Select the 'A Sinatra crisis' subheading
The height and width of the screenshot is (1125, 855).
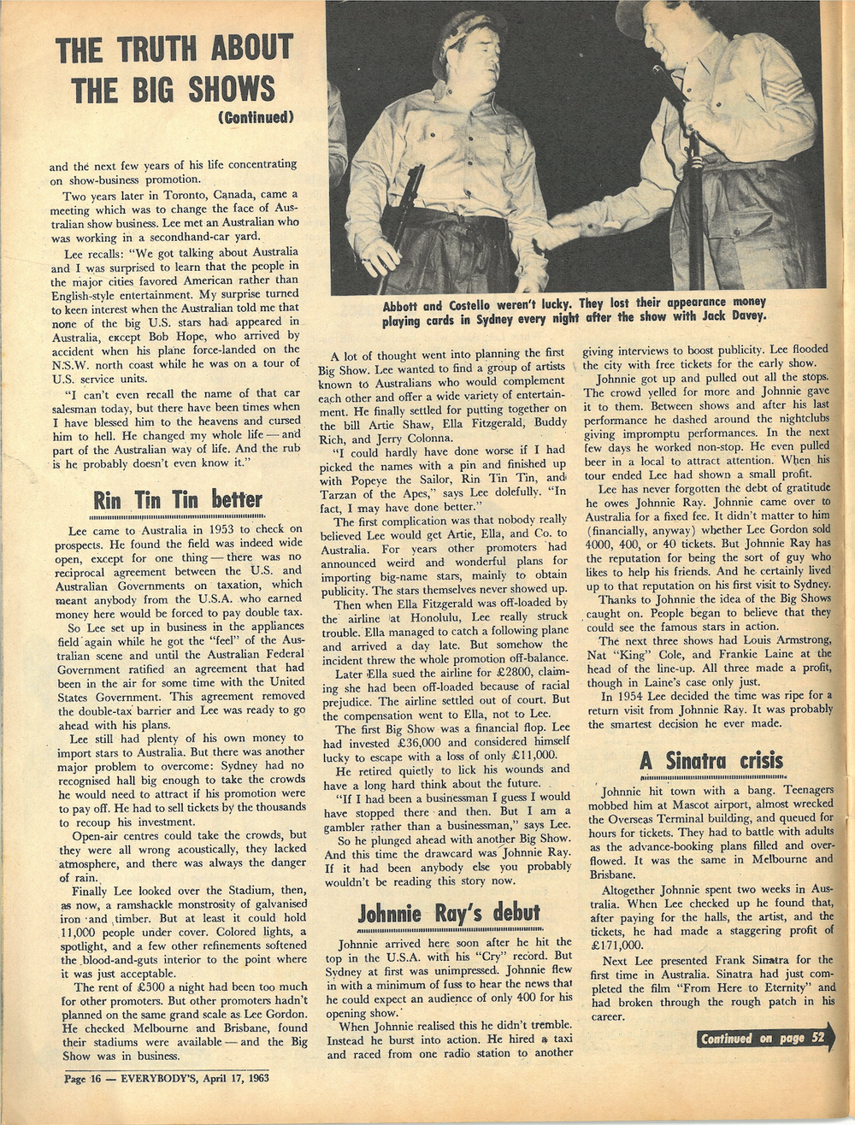[x=711, y=760]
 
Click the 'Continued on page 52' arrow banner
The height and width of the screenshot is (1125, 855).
[x=764, y=1039]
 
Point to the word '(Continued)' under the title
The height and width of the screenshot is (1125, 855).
[x=256, y=116]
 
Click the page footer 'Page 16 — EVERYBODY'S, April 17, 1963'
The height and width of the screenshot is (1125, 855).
[x=167, y=1078]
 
